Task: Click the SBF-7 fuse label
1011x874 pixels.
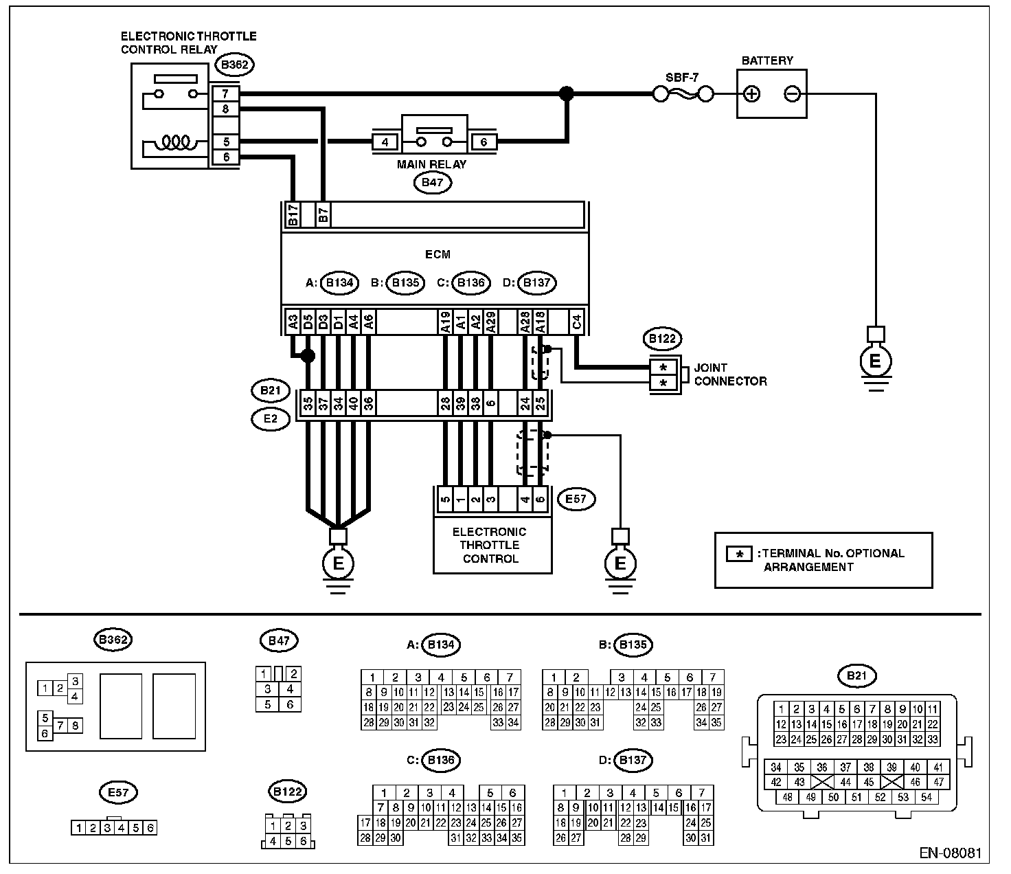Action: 682,78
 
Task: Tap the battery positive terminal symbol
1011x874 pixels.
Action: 752,93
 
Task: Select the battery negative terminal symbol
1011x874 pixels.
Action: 792,93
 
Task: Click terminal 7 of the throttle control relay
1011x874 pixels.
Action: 225,93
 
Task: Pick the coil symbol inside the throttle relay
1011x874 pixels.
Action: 176,142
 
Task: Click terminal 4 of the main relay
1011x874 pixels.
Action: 385,142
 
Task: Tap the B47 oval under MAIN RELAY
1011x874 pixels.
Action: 433,183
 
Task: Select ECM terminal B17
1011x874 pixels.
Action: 293,215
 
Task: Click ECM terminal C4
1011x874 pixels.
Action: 577,322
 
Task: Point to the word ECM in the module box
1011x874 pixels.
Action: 438,254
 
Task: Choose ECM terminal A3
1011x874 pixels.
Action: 293,322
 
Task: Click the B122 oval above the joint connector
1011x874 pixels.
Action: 662,339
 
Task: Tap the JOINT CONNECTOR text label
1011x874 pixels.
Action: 730,374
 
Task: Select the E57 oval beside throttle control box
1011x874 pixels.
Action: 576,499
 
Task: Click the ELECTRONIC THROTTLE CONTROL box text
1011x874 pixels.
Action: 490,545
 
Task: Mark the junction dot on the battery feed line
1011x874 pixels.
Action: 567,93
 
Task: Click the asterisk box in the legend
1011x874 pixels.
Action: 739,554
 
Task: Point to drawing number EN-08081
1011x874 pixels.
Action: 951,853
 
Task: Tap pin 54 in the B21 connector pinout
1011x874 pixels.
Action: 926,797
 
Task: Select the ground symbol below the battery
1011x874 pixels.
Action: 876,359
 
